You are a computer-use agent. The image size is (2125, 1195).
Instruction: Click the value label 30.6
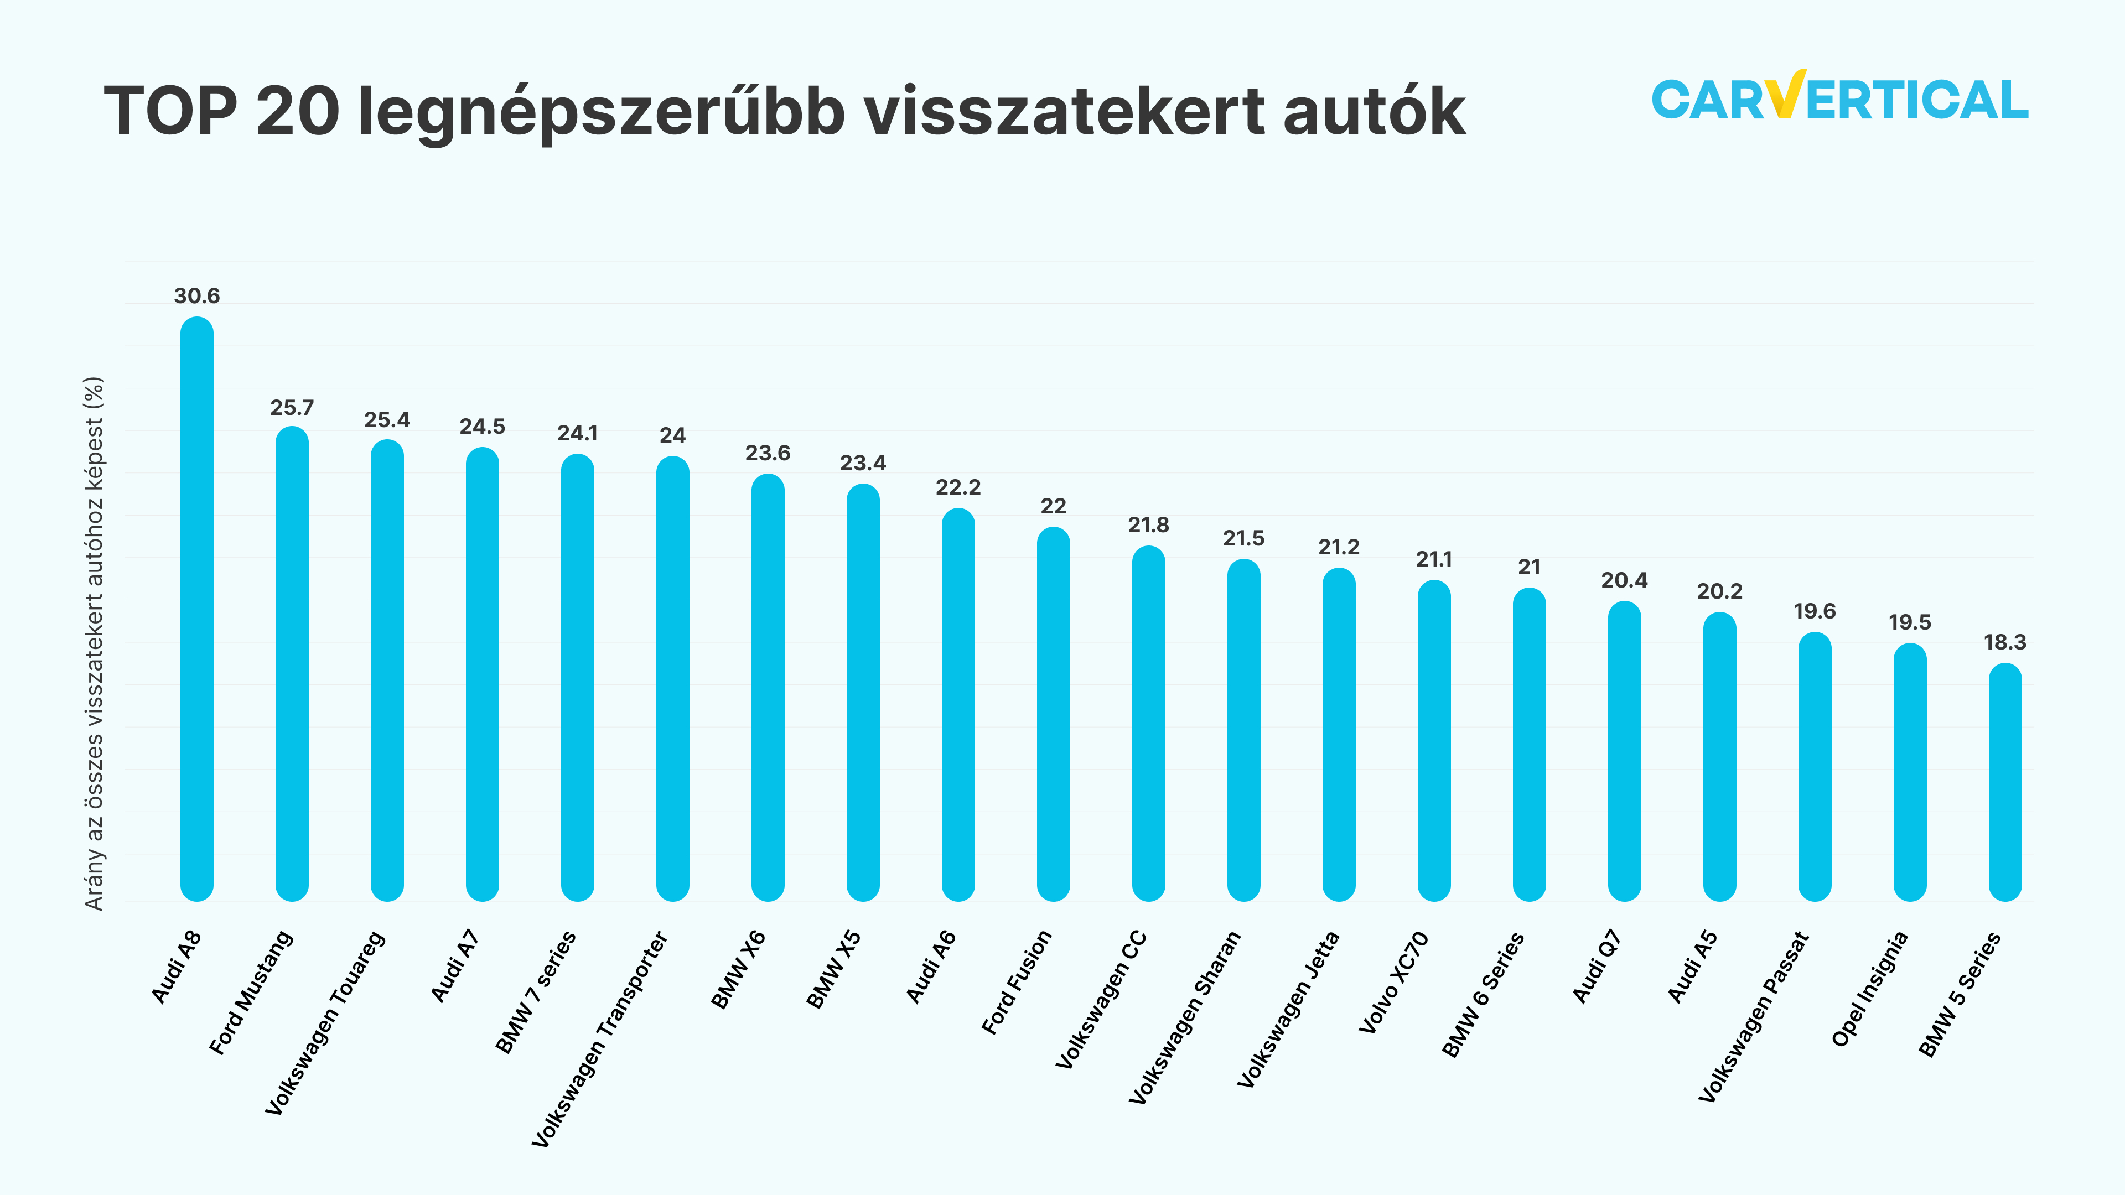pyautogui.click(x=196, y=296)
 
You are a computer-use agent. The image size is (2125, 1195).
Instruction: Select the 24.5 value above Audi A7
pyautogui.click(x=482, y=427)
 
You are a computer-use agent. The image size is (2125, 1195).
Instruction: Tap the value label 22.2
pyautogui.click(x=958, y=487)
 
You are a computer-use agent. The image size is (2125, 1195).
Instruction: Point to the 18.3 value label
pyautogui.click(x=2004, y=642)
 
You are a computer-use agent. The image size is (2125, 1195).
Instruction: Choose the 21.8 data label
pyautogui.click(x=1148, y=526)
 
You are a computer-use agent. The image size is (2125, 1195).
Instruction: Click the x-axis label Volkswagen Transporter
pyautogui.click(x=600, y=1039)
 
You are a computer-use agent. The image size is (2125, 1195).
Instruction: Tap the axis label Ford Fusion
pyautogui.click(x=1017, y=981)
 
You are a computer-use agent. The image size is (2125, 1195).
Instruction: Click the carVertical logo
pyautogui.click(x=1839, y=98)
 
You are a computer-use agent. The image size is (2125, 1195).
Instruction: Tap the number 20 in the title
pyautogui.click(x=298, y=111)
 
